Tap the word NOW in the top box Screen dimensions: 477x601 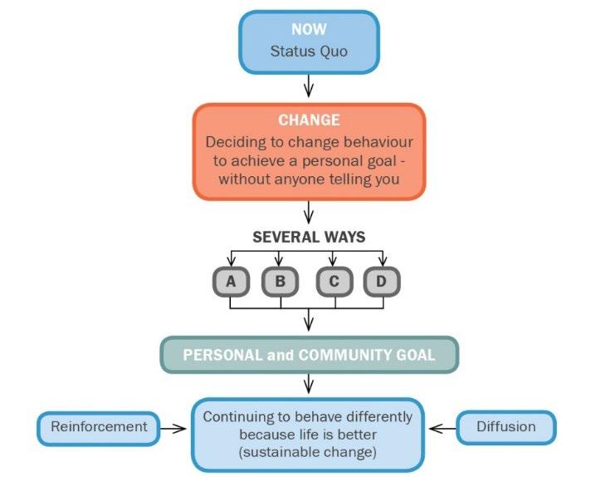pyautogui.click(x=309, y=29)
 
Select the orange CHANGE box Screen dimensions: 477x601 pyautogui.click(x=309, y=151)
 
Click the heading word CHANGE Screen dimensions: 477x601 pyautogui.click(x=309, y=120)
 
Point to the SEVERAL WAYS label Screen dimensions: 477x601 pyautogui.click(x=309, y=237)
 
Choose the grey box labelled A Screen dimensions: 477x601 pyautogui.click(x=231, y=282)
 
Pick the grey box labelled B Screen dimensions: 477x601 pyautogui.click(x=281, y=282)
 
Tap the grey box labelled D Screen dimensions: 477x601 pyautogui.click(x=381, y=282)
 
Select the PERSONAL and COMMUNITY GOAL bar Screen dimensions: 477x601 pyautogui.click(x=309, y=355)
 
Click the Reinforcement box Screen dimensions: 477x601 pyautogui.click(x=99, y=427)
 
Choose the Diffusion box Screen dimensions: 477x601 pyautogui.click(x=506, y=427)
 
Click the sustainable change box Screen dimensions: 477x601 pyautogui.click(x=309, y=434)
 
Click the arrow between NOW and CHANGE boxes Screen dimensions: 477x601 pyautogui.click(x=309, y=86)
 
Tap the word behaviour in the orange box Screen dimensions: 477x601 pyautogui.click(x=374, y=142)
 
